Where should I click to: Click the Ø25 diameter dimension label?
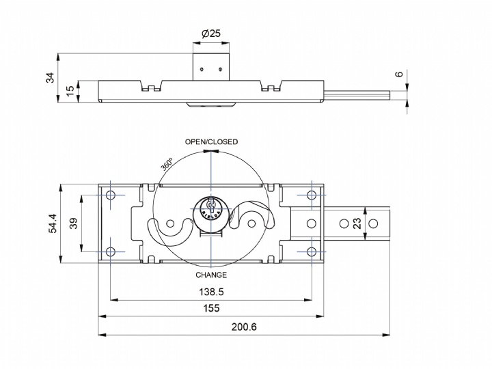point(211,33)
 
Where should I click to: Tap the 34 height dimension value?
point(50,78)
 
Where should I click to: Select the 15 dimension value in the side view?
point(71,91)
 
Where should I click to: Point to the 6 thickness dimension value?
point(399,74)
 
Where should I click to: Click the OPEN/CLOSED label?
point(211,142)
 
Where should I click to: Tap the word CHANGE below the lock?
point(211,275)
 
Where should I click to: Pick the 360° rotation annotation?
point(167,164)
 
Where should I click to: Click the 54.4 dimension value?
point(52,223)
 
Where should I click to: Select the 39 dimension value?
point(73,223)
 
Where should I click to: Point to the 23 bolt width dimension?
point(357,223)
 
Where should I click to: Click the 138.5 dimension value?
point(211,292)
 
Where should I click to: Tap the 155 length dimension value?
point(211,308)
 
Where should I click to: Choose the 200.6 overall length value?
point(244,327)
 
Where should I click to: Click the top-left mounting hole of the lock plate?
point(111,195)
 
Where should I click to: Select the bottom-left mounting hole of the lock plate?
point(111,251)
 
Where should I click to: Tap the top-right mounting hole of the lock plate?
point(312,195)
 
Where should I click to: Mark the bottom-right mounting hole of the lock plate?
point(312,251)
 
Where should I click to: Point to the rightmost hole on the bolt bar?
point(373,223)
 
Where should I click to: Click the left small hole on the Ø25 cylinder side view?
point(202,69)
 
